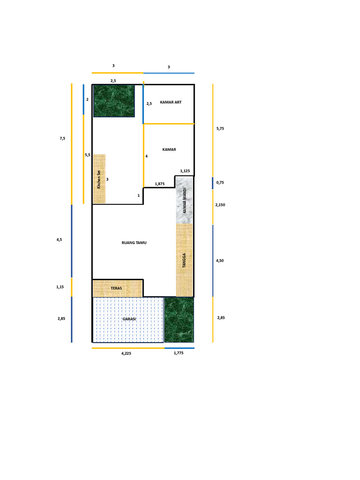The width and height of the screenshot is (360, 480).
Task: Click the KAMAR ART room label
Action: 171,102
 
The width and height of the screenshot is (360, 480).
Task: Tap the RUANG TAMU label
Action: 134,243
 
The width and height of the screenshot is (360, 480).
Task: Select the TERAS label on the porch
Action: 116,288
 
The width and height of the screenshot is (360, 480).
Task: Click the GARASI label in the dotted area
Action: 129,319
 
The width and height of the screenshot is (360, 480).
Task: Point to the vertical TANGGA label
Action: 184,260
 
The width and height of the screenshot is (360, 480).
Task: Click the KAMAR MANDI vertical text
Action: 185,200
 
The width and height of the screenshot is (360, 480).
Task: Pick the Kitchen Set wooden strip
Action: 99,179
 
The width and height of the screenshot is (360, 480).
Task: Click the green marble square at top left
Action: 114,101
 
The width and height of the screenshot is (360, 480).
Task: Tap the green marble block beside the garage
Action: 179,320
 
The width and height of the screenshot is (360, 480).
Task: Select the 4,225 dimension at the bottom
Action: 126,354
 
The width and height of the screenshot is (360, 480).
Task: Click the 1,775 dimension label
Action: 178,353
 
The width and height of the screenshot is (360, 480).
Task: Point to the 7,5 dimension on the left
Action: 62,138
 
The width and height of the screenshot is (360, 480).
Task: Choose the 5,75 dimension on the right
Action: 220,128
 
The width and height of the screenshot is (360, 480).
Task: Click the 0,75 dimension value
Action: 220,183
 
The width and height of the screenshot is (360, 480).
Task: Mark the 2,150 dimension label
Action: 220,205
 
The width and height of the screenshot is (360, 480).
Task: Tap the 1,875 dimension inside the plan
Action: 159,184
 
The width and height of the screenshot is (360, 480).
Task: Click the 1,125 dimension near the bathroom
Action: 185,171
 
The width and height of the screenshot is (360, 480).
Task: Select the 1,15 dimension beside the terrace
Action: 60,287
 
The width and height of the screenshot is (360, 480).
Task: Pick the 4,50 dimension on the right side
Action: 220,261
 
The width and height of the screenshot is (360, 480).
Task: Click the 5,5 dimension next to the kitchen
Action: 87,155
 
